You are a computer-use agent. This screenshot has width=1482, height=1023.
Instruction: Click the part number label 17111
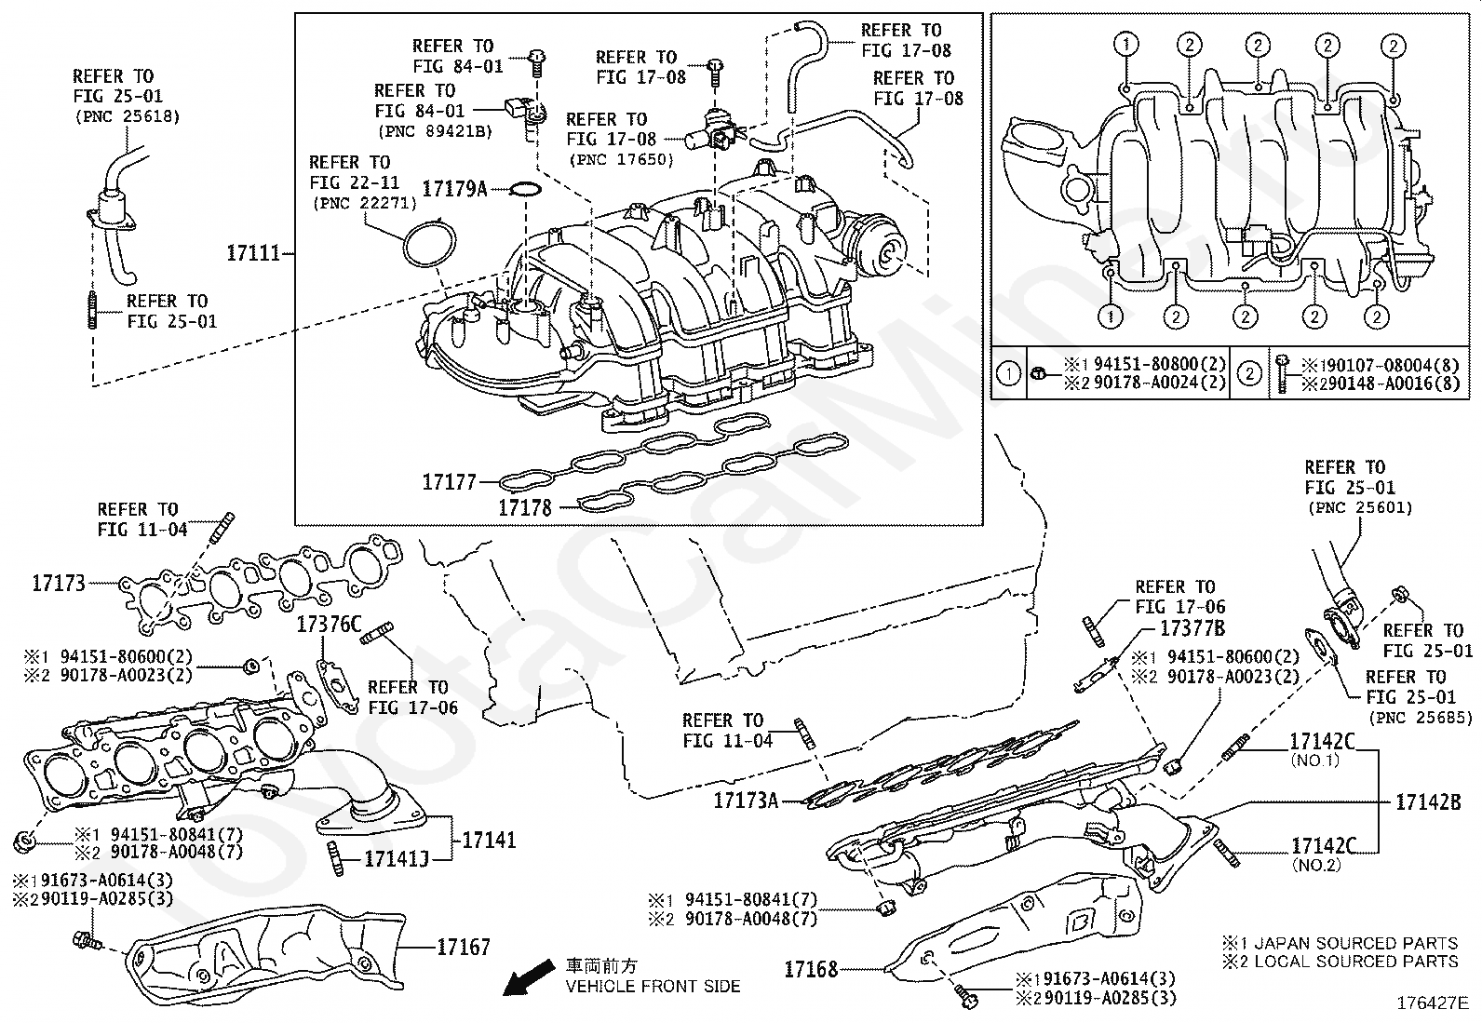[252, 252]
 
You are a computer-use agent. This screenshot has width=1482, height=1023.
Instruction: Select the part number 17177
[449, 482]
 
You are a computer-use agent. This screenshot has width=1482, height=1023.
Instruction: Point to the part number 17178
[524, 507]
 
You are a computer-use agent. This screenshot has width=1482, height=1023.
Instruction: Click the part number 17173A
[746, 799]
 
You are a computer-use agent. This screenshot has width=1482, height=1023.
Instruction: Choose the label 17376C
[329, 625]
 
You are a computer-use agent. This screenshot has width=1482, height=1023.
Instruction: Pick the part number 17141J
[396, 858]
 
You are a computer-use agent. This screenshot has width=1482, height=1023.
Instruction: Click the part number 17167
[463, 948]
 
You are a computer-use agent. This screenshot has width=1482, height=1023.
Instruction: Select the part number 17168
[811, 970]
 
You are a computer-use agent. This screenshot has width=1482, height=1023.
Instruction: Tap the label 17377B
[1192, 629]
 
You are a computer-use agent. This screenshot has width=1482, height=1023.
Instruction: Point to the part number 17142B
[1427, 801]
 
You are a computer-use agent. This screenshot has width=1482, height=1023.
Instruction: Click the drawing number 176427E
[1432, 1003]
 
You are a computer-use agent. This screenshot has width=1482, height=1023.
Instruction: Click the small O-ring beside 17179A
[527, 190]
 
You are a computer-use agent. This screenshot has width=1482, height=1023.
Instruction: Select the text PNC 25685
[1421, 718]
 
